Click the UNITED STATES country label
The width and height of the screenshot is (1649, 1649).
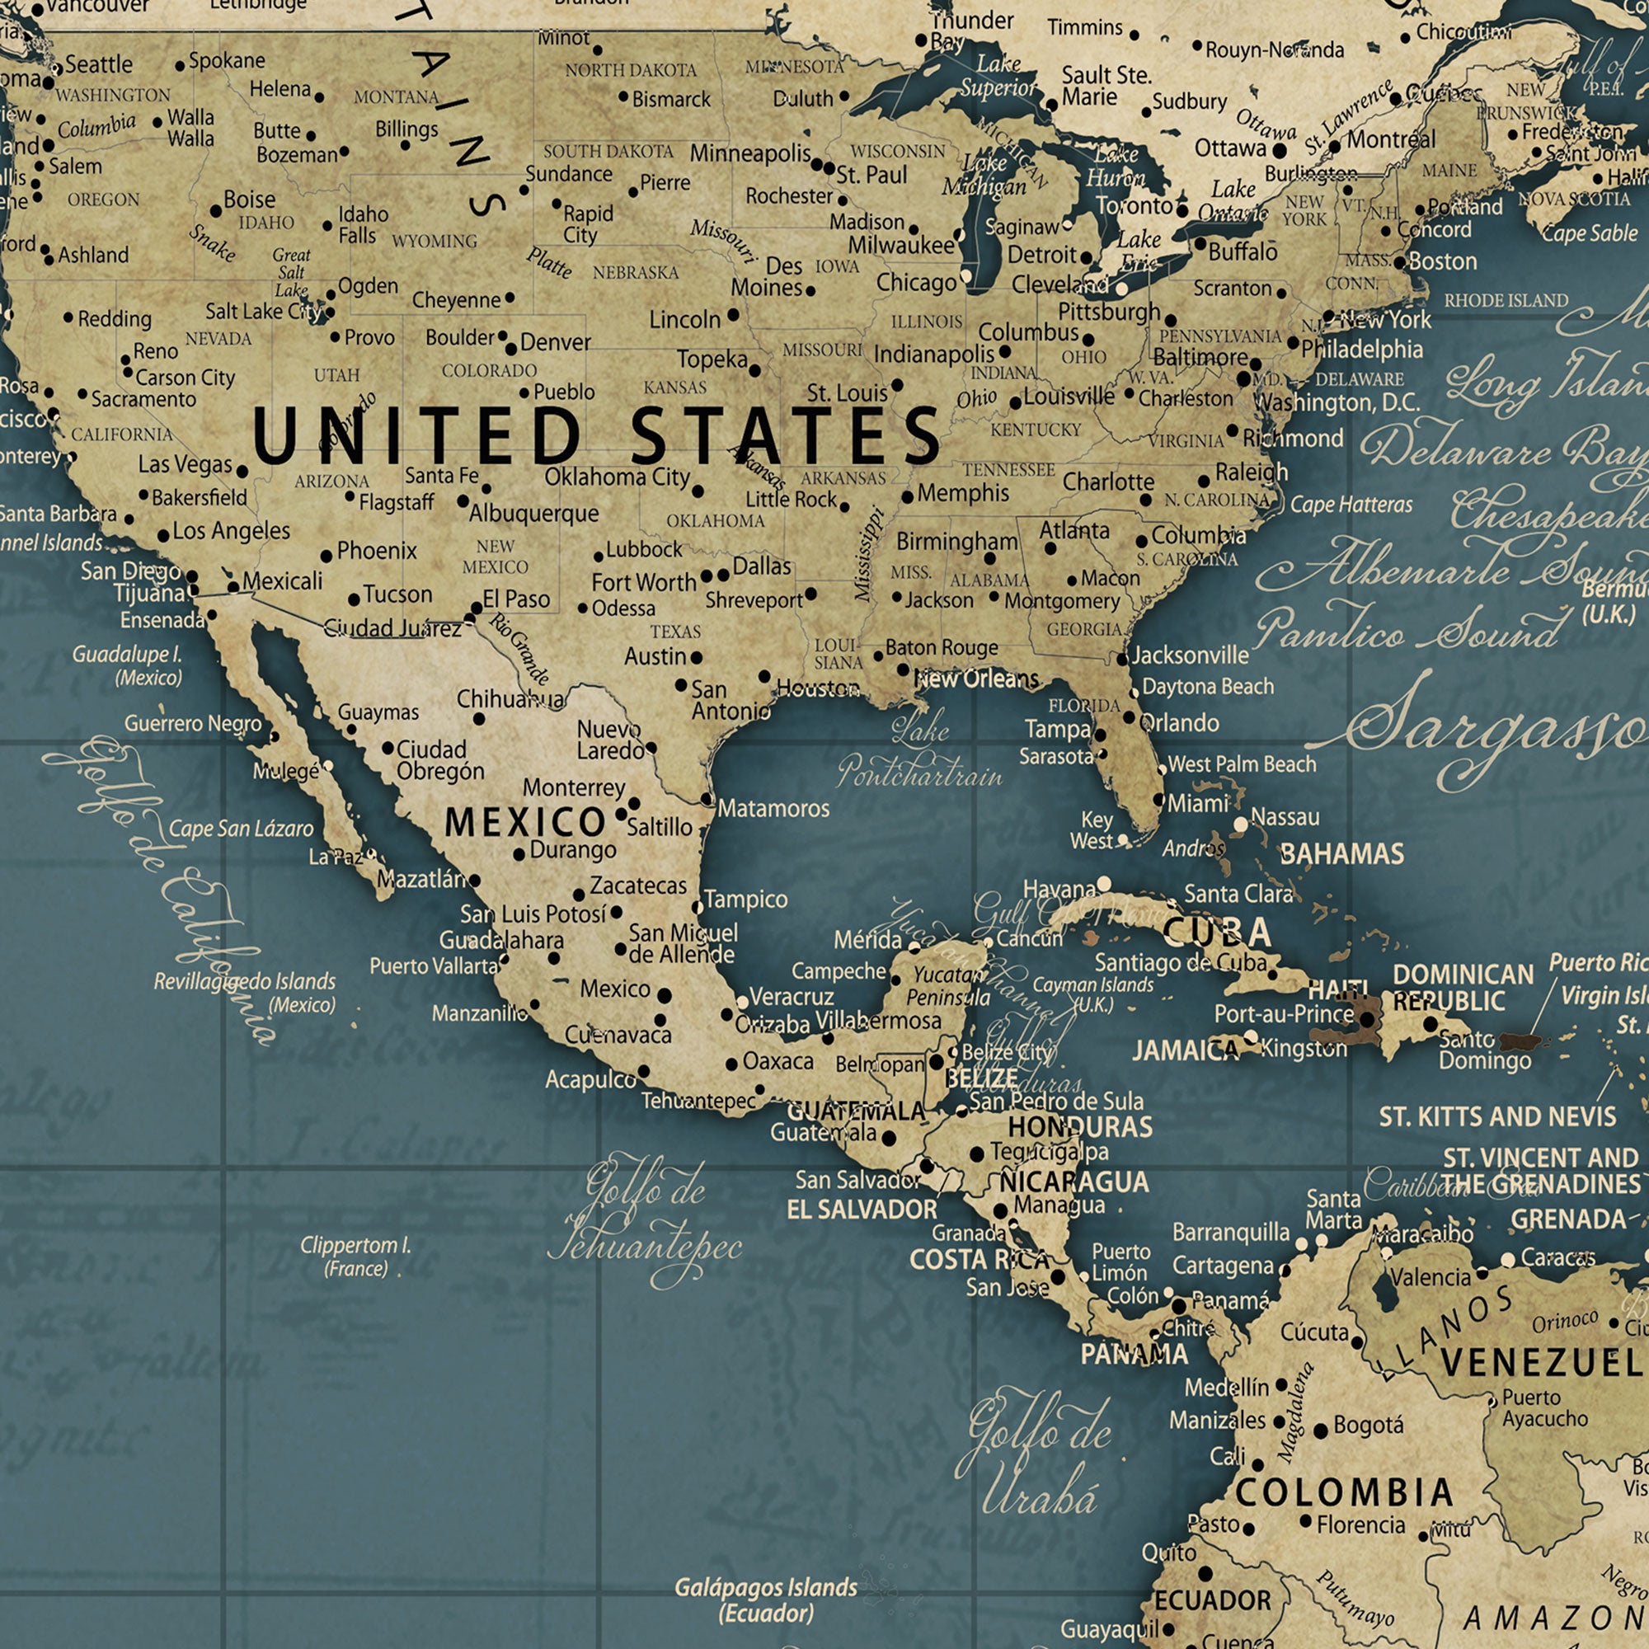pyautogui.click(x=596, y=435)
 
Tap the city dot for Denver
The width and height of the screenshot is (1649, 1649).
pyautogui.click(x=510, y=348)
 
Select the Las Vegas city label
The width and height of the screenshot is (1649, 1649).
pyautogui.click(x=186, y=464)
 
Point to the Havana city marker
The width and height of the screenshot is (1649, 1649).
pyautogui.click(x=1104, y=883)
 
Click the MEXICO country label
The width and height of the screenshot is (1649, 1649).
pyautogui.click(x=525, y=822)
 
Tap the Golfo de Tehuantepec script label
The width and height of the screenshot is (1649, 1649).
pyautogui.click(x=646, y=1220)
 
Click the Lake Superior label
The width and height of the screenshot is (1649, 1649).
pyautogui.click(x=998, y=76)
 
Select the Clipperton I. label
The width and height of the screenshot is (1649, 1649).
pyautogui.click(x=356, y=1257)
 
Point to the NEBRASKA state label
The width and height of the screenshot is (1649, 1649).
pyautogui.click(x=635, y=273)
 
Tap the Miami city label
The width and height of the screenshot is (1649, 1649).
pyautogui.click(x=1198, y=803)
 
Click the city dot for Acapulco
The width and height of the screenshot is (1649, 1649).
pyautogui.click(x=644, y=1071)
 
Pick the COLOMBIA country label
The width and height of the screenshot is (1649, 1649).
pyautogui.click(x=1343, y=1493)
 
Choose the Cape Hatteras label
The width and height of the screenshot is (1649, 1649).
pyautogui.click(x=1351, y=505)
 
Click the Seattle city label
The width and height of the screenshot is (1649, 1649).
pyautogui.click(x=99, y=64)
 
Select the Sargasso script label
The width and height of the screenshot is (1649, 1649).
pyautogui.click(x=1502, y=726)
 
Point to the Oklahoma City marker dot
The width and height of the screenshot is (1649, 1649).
pyautogui.click(x=698, y=491)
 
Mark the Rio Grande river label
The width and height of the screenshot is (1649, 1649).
pyautogui.click(x=518, y=649)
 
